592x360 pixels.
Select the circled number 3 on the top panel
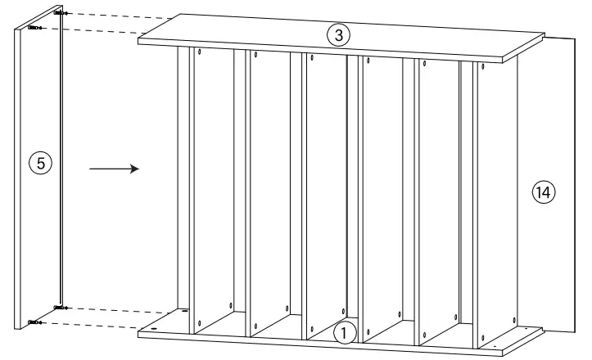tap(339, 35)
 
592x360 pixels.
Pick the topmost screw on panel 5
tap(58, 14)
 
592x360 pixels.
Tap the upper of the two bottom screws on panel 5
tap(60, 308)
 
